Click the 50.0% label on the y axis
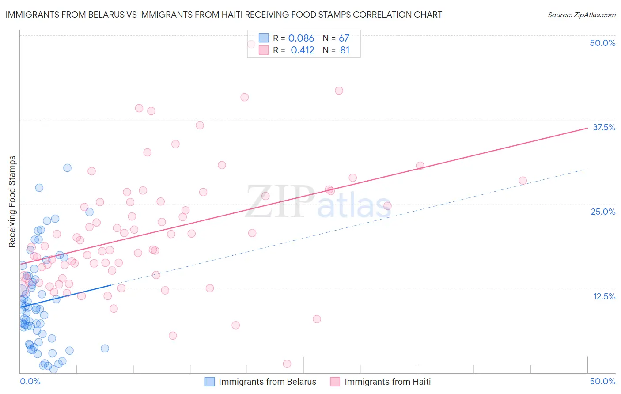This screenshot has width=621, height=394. [602, 43]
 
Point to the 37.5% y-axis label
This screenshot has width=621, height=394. [604, 127]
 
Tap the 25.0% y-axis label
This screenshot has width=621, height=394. [603, 212]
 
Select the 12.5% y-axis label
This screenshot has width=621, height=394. [604, 296]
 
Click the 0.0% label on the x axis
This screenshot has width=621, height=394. [30, 381]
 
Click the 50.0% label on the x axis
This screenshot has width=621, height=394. [602, 381]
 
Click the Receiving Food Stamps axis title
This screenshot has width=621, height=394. [12, 201]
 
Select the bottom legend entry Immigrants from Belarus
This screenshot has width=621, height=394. [267, 382]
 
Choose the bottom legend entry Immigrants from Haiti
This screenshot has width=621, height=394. [387, 382]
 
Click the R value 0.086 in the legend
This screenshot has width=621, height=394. [301, 38]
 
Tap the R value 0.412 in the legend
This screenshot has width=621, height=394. [303, 50]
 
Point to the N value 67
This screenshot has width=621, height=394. [344, 38]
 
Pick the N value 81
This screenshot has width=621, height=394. [345, 50]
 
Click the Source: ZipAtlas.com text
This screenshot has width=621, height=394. [581, 15]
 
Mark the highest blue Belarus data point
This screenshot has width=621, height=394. [67, 168]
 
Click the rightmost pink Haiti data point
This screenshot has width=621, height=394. [523, 181]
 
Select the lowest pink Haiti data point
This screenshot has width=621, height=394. [287, 364]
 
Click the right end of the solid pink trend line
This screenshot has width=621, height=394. [587, 128]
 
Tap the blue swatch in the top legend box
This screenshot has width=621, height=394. [264, 38]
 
